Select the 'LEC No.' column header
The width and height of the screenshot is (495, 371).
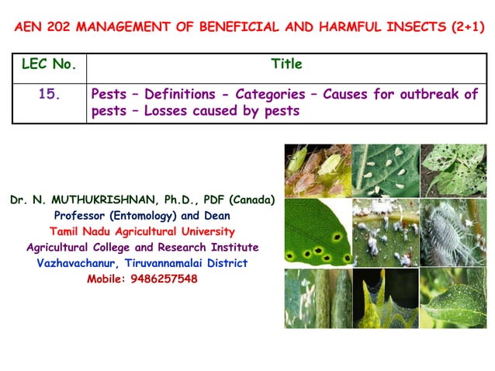pos(48,64)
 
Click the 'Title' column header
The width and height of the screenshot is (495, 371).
pos(286,64)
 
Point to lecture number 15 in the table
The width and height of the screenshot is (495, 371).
pos(50,94)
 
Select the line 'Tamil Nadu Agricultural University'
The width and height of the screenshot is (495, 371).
pos(142,231)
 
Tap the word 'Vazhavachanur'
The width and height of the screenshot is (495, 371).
pos(78,263)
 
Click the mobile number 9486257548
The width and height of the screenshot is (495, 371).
pos(159,279)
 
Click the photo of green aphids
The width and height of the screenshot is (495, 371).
pos(317,169)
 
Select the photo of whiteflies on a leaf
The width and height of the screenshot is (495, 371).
pos(385,169)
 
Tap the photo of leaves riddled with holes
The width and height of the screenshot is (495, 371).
pos(453,169)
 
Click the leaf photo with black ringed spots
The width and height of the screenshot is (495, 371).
pos(317,232)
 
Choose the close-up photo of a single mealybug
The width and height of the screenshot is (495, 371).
pos(453,232)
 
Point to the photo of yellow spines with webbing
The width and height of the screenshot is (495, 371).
pos(385,297)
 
